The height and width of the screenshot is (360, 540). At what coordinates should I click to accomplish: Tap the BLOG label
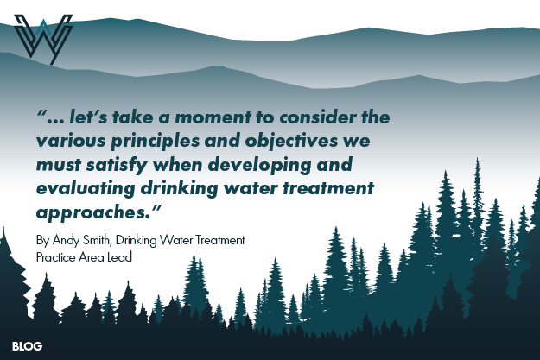pyautogui.click(x=27, y=346)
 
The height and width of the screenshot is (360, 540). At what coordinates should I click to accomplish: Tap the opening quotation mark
pyautogui.click(x=42, y=114)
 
